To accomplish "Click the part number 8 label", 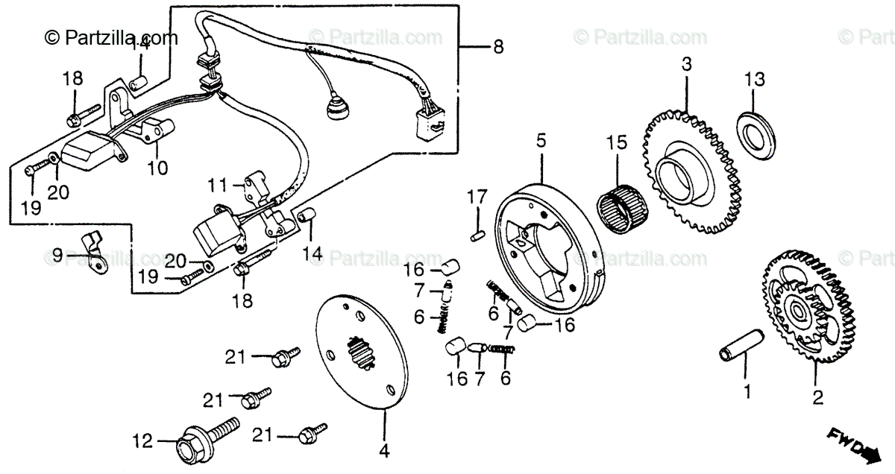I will pos(497,48).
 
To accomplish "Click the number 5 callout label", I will pos(541,140).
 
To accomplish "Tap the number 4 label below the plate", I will pos(385,450).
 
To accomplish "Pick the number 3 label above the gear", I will pos(685,65).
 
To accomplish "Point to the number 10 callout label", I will pos(157,168).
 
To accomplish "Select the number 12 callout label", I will pos(142,441).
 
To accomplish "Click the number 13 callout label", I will pos(755,78).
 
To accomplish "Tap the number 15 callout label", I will pos(618,142).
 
